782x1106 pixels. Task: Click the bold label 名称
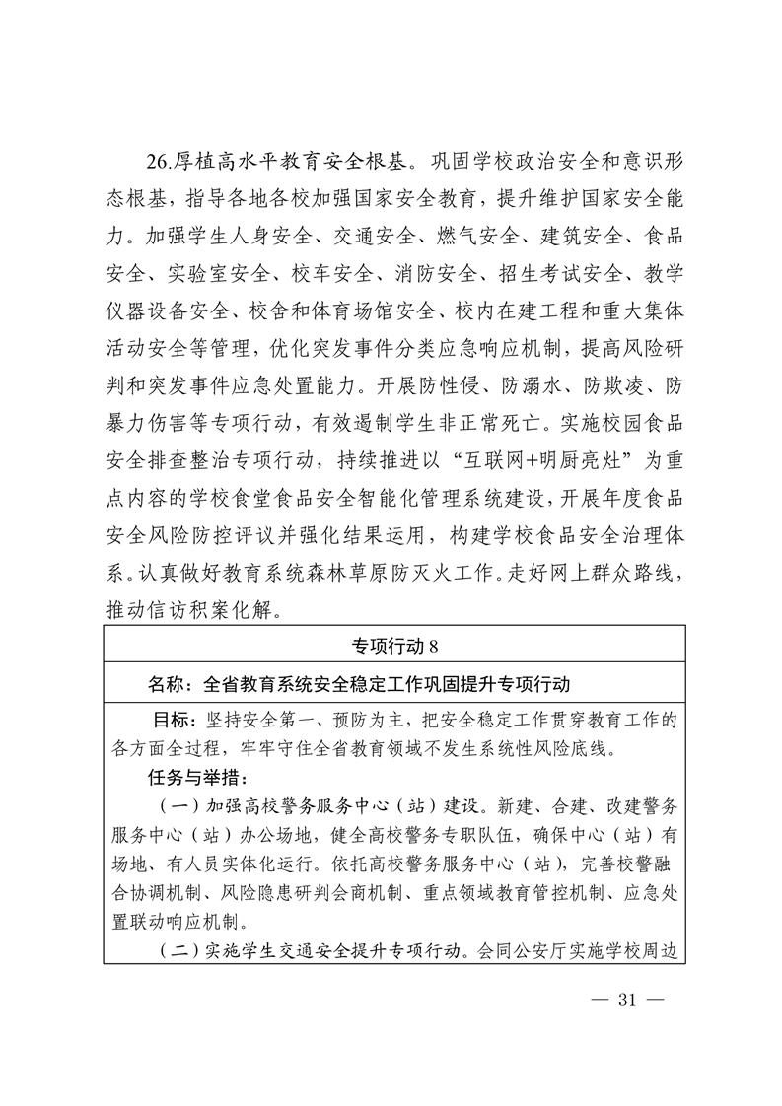[165, 683]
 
